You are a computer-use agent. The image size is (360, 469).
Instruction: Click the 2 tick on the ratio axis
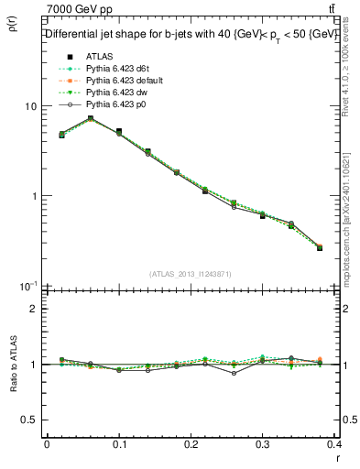tap(34, 309)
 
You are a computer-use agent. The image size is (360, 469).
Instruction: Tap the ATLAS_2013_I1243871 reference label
tap(191, 275)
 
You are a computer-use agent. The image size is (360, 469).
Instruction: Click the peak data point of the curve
tap(91, 118)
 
